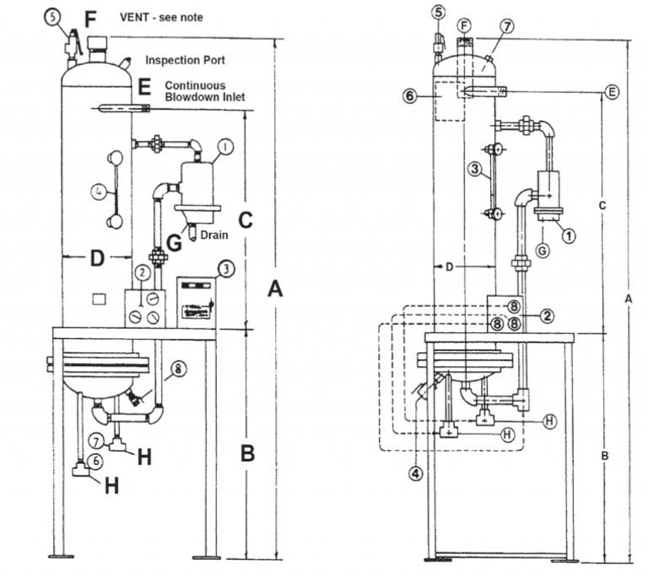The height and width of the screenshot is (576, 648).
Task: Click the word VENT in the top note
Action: point(136,17)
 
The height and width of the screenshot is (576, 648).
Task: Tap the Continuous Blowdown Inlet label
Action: point(204,92)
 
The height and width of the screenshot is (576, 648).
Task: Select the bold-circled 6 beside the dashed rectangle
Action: point(411,97)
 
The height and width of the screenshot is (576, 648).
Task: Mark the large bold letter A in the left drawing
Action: point(275,290)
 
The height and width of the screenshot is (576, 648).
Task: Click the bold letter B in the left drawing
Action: point(247,454)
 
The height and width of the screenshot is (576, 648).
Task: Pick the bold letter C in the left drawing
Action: point(246,219)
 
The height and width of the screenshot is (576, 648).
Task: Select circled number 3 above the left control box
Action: point(226,269)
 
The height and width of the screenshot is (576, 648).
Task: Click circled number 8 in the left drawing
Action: point(178,369)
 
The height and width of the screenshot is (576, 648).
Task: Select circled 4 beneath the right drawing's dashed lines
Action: point(415,474)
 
